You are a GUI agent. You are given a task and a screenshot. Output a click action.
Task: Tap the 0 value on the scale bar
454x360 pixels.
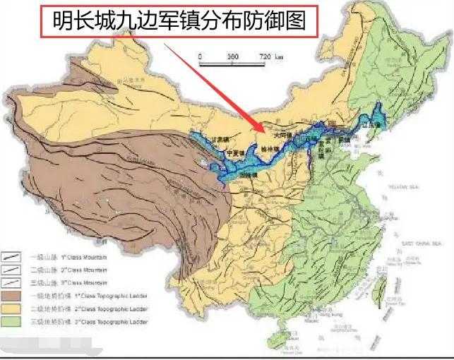(x=201, y=55)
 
